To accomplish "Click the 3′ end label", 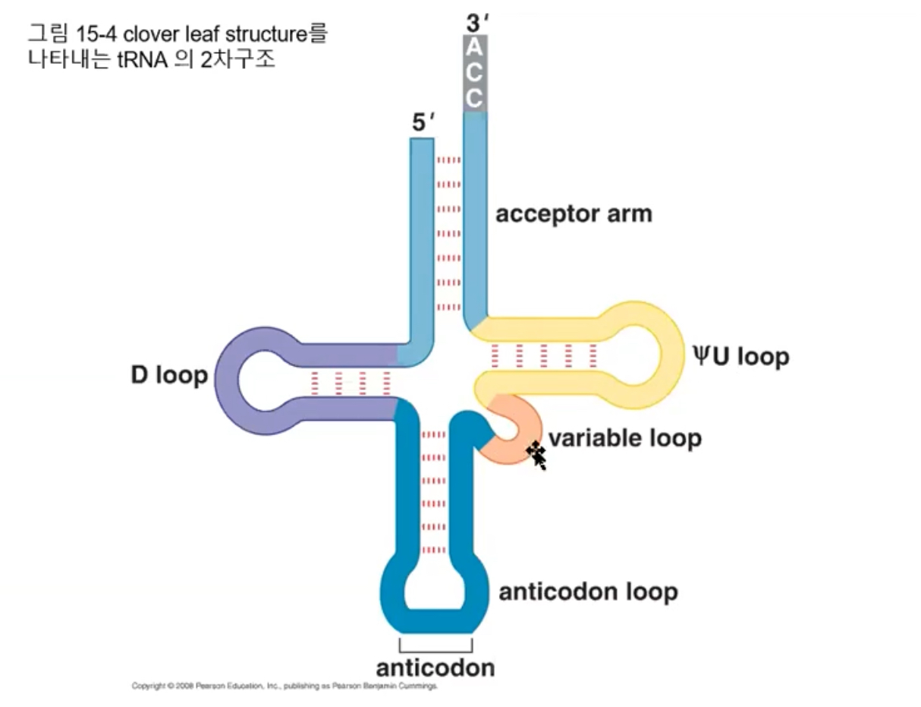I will tap(476, 22).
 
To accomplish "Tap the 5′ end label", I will tap(421, 124).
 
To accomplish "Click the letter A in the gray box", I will tap(474, 47).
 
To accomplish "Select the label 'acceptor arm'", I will tap(574, 214).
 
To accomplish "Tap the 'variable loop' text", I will tap(624, 438).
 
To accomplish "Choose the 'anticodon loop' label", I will tap(588, 592).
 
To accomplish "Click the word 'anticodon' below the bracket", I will tap(435, 668).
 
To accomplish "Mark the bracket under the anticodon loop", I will tap(435, 644).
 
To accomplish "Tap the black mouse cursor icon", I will tap(537, 455).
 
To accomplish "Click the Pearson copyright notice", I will tap(284, 686).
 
